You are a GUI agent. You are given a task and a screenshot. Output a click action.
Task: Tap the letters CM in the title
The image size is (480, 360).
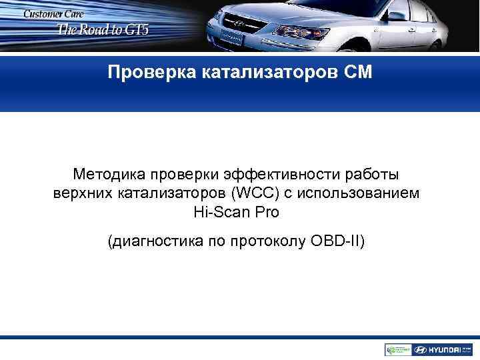click(x=356, y=71)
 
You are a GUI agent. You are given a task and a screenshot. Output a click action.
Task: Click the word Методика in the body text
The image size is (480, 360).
click(x=109, y=175)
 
